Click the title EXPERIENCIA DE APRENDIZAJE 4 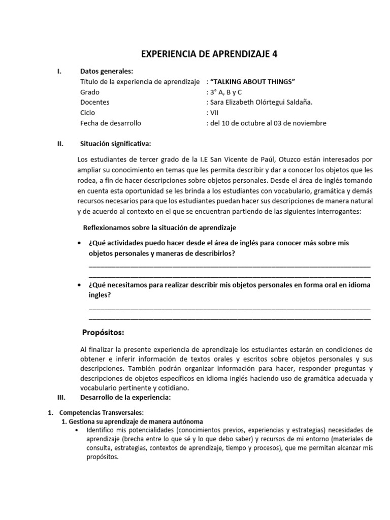(x=209, y=54)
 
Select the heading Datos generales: (x=107, y=71)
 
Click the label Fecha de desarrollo (x=111, y=123)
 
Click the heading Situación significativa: (x=115, y=144)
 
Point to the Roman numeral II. (x=60, y=144)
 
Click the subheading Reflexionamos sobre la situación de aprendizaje (x=159, y=227)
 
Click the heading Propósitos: (x=103, y=333)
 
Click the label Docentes (x=95, y=102)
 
